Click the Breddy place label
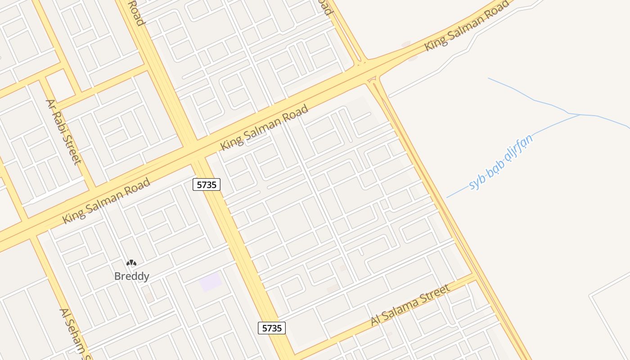pyautogui.click(x=132, y=276)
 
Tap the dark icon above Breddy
pyautogui.click(x=131, y=263)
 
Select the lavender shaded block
pyautogui.click(x=211, y=282)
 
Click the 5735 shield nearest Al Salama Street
pyautogui.click(x=272, y=328)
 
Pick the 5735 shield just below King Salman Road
pyautogui.click(x=207, y=184)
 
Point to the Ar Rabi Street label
pyautogui.click(x=64, y=131)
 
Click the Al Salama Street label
pyautogui.click(x=410, y=305)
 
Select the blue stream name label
pyautogui.click(x=501, y=162)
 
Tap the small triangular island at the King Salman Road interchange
pyautogui.click(x=372, y=80)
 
